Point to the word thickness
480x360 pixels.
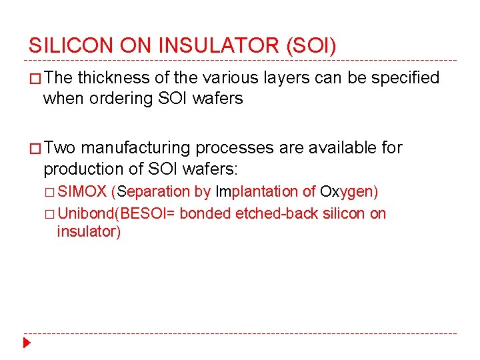pyautogui.click(x=114, y=78)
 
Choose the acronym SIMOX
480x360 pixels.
pyautogui.click(x=82, y=192)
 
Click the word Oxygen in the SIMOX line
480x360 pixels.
pyautogui.click(x=349, y=192)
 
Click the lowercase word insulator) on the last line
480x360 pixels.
pyautogui.click(x=89, y=232)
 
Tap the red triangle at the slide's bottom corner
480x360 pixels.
pyautogui.click(x=27, y=343)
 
